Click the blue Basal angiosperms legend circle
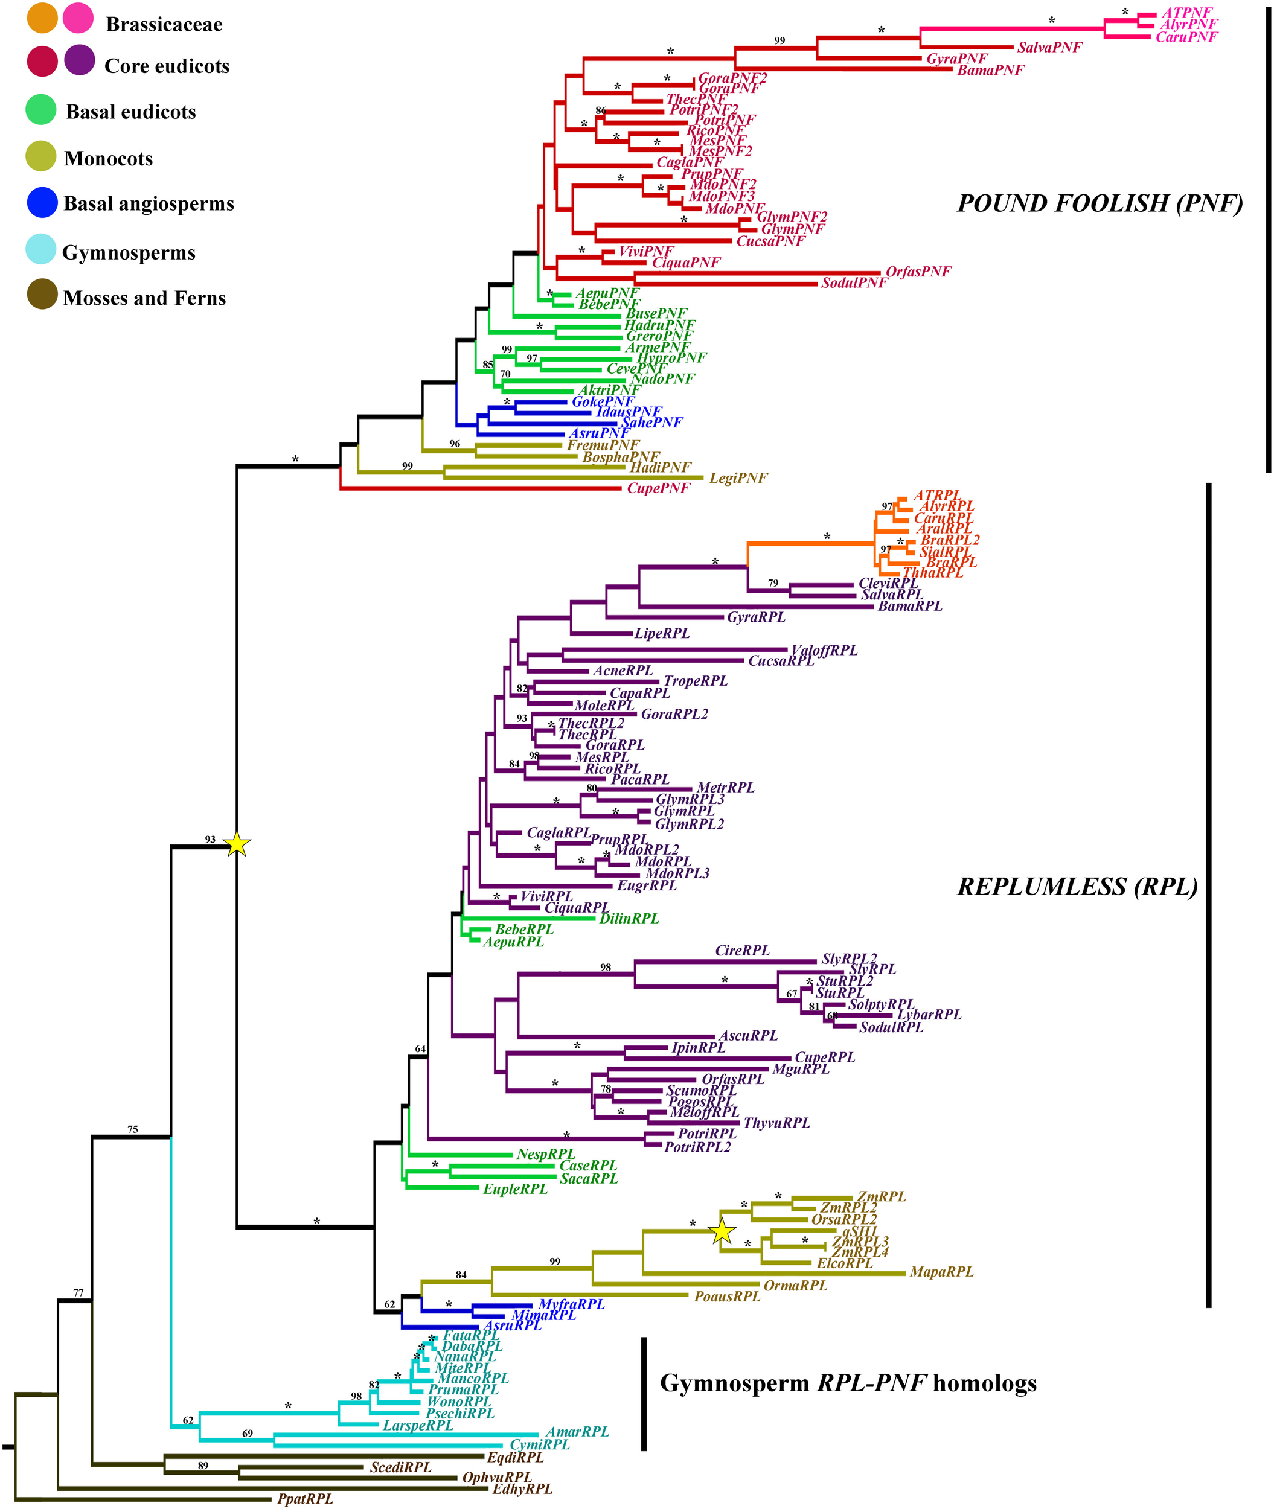pos(42,203)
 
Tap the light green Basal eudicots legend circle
pos(41,110)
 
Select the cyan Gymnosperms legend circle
pos(41,249)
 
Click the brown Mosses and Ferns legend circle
pos(42,295)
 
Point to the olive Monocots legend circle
pos(41,156)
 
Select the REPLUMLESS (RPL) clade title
pos(1077,887)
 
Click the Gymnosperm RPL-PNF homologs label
pos(848,1383)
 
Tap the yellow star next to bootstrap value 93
pos(238,844)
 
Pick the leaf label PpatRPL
pos(305,1499)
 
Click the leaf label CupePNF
pos(658,488)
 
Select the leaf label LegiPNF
pos(738,478)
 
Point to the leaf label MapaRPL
pos(941,1271)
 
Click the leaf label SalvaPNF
pos(1049,48)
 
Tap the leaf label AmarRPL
pos(577,1431)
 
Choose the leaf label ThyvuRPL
pos(776,1123)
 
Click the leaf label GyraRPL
pos(755,617)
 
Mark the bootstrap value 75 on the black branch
pos(133,1129)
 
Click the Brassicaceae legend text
pos(164,25)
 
